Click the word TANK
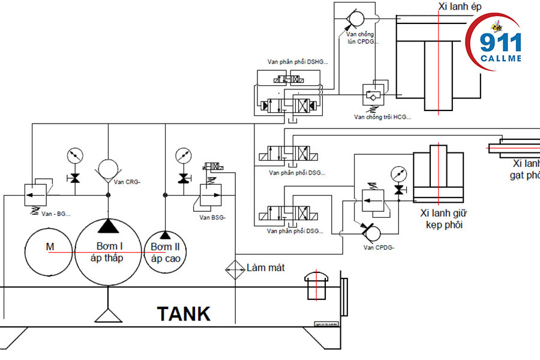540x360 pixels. pyautogui.click(x=184, y=314)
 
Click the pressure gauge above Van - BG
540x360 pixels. pyautogui.click(x=74, y=155)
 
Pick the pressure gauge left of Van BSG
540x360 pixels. pyautogui.click(x=182, y=155)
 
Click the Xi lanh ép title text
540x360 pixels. pyautogui.click(x=460, y=7)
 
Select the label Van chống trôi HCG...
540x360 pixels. pyautogui.click(x=383, y=117)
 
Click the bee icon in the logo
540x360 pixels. pyautogui.click(x=496, y=26)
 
